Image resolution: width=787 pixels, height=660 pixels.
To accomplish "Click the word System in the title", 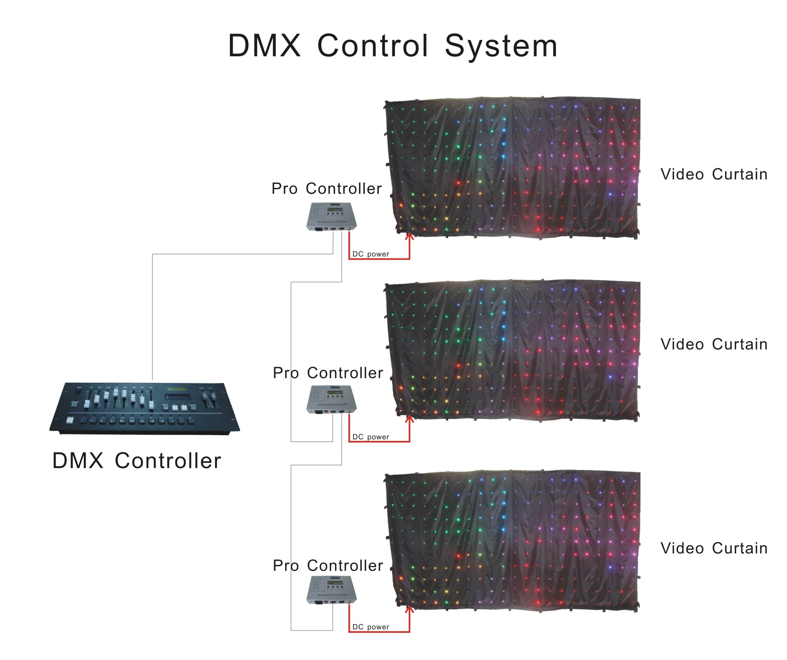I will [x=501, y=46].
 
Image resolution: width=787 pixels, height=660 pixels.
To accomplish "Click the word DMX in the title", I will [x=264, y=46].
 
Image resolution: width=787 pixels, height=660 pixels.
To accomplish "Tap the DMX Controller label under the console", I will [x=137, y=461].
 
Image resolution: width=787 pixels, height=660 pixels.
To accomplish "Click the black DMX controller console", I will [x=145, y=408].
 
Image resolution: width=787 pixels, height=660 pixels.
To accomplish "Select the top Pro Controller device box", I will [x=332, y=217].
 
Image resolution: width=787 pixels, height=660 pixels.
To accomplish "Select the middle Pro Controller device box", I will [x=332, y=399].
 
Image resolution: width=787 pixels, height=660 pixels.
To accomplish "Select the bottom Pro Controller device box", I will [x=332, y=590].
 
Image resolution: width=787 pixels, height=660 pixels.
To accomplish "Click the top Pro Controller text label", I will [x=327, y=189].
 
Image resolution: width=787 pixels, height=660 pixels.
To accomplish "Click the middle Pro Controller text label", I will [x=328, y=373].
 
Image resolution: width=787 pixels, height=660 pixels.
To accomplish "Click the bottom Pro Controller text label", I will [x=328, y=566].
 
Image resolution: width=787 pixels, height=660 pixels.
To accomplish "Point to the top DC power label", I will [x=370, y=254].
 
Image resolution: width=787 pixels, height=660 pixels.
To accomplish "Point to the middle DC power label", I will [x=370, y=437].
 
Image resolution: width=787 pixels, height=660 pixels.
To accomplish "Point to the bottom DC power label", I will [x=370, y=627].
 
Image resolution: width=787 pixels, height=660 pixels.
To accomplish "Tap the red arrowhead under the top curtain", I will [x=409, y=236].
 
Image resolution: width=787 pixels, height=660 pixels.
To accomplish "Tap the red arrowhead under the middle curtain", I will [x=409, y=419].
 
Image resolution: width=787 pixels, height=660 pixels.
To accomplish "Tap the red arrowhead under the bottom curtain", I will [x=409, y=609].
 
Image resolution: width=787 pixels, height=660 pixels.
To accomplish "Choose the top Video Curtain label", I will [x=714, y=175].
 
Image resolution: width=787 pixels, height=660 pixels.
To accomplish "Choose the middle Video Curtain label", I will [x=714, y=345].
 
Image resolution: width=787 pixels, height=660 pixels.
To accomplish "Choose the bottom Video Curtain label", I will [x=714, y=549].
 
